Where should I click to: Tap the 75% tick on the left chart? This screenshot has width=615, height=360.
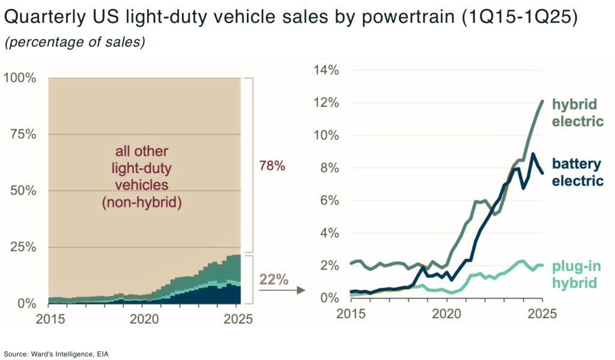pos(22,134)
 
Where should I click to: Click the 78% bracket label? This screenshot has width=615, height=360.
pos(271,166)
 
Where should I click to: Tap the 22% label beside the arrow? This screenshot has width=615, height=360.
pos(273,279)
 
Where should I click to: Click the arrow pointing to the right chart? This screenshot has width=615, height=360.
pos(280,291)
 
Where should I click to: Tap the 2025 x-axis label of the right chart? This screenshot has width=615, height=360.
pos(542,313)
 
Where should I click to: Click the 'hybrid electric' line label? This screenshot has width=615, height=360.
pos(577,112)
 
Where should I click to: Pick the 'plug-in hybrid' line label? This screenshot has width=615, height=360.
pos(577,274)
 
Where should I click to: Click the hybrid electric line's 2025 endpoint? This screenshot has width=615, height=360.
pos(542,101)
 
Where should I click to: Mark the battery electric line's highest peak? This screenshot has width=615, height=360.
pos(532,154)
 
